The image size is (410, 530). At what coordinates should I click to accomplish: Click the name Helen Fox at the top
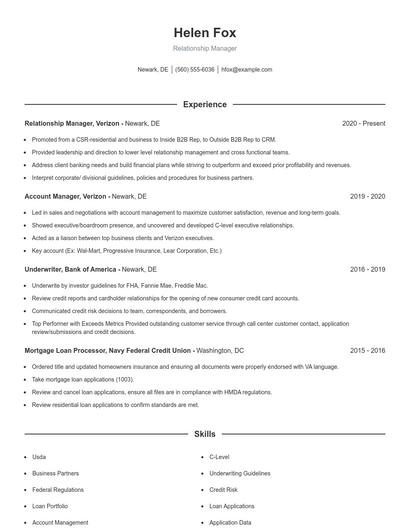[204, 33]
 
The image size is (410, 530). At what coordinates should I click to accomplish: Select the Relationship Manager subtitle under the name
[204, 49]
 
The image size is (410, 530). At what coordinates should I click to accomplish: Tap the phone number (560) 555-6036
[194, 70]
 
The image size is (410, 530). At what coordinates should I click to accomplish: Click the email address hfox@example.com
[247, 70]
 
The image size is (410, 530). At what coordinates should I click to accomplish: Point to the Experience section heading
[204, 104]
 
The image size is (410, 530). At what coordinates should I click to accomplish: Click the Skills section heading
[204, 435]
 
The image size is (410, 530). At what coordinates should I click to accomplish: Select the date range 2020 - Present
[363, 123]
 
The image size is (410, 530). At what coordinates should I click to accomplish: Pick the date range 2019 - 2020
[367, 197]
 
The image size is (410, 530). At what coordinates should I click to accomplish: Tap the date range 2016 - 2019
[367, 270]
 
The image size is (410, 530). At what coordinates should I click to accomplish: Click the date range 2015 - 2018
[367, 351]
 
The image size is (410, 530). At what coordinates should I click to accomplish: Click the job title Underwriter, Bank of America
[76, 270]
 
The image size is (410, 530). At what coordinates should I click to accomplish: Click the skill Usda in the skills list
[39, 457]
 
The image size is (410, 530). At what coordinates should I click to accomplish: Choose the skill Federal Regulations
[58, 490]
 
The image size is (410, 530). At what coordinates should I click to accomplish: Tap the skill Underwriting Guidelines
[239, 473]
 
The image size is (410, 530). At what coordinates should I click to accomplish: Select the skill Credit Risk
[223, 490]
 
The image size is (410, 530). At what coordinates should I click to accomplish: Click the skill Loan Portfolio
[50, 506]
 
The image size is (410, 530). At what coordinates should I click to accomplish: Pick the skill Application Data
[230, 523]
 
